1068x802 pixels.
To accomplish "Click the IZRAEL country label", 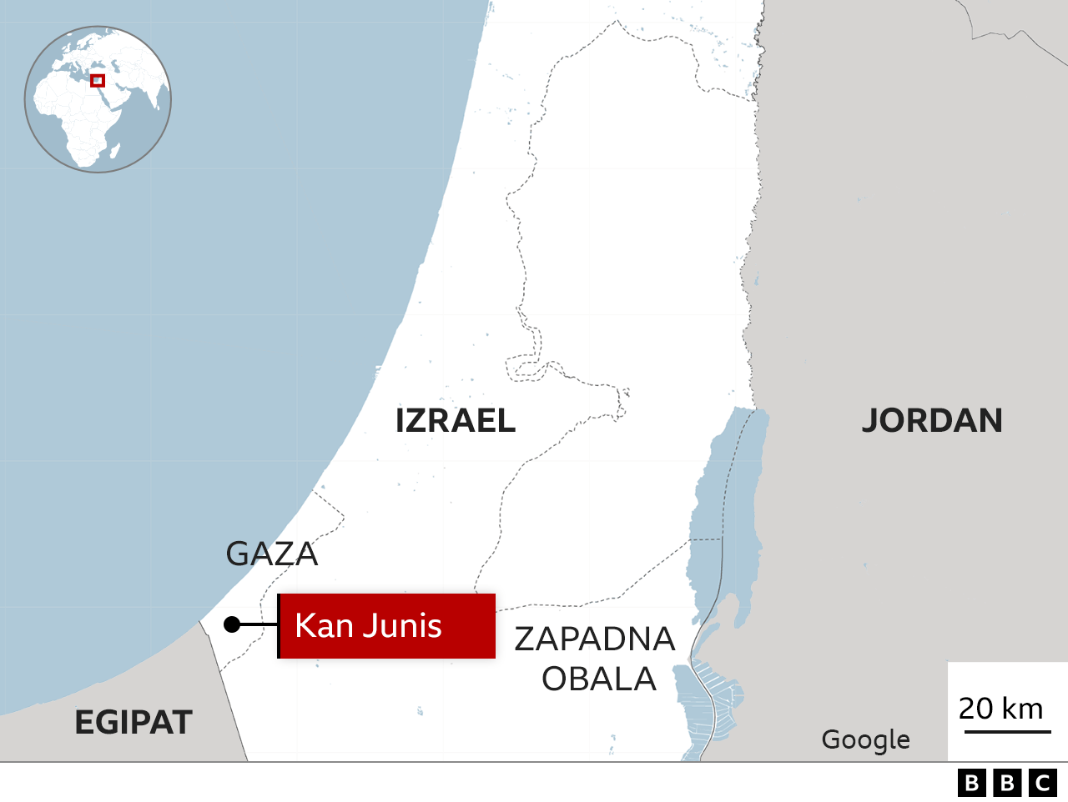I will (x=455, y=421).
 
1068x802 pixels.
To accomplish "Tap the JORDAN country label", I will (x=931, y=421).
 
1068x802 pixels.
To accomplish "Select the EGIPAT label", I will (x=133, y=722).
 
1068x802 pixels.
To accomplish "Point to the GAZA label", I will (x=272, y=554).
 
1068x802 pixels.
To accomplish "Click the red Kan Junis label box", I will (x=386, y=626).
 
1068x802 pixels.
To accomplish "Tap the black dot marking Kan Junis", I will (x=232, y=624).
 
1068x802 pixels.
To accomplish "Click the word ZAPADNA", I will (x=594, y=639).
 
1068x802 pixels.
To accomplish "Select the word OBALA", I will (x=599, y=679).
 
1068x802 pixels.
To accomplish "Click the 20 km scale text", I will (x=1000, y=709).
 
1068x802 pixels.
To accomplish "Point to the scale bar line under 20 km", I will (x=1007, y=732).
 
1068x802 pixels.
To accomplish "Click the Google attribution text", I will (x=865, y=739).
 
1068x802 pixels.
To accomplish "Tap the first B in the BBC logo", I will (x=972, y=783).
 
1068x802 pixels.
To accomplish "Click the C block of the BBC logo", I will (x=1043, y=783).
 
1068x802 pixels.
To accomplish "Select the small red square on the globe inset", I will (x=98, y=81).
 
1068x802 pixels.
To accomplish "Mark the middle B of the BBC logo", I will (x=1007, y=783).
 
